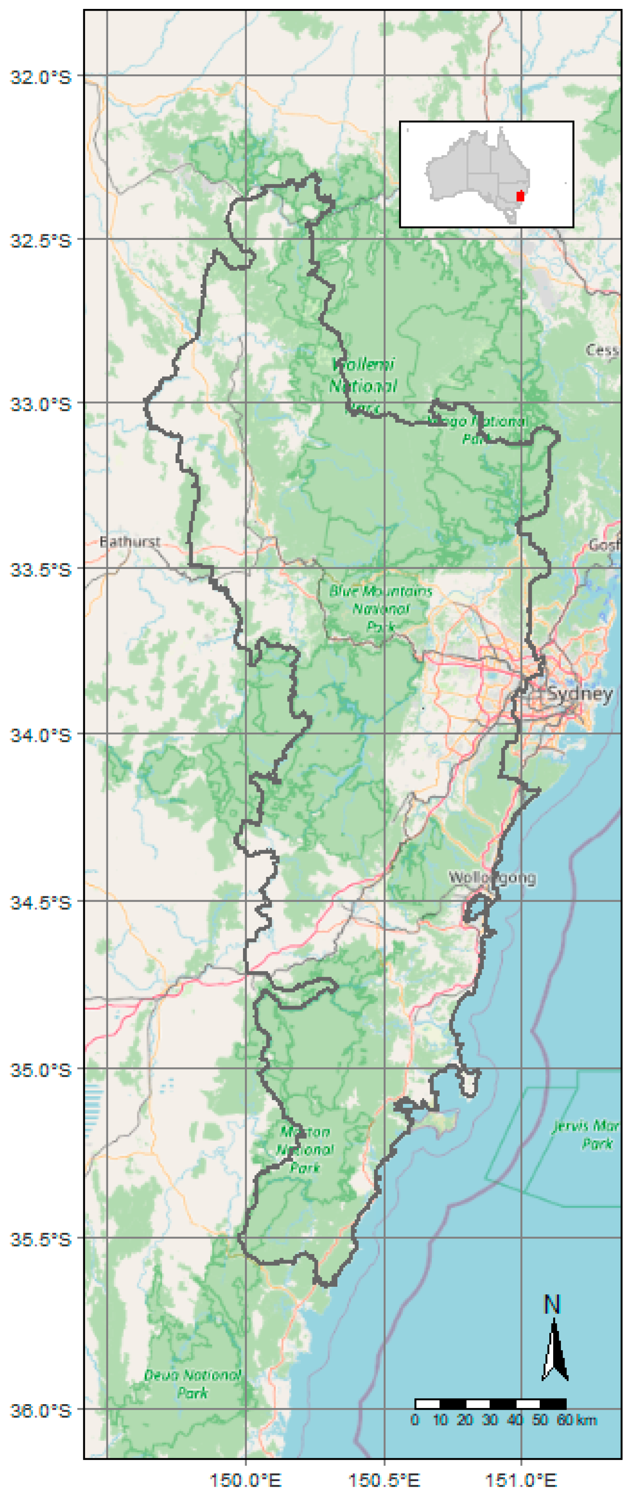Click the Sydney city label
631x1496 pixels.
pyautogui.click(x=579, y=694)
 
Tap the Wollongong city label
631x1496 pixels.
pyautogui.click(x=492, y=878)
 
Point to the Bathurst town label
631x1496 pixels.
pyautogui.click(x=130, y=542)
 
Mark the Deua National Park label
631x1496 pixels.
pyautogui.click(x=192, y=1384)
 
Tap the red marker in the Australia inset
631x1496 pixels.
pyautogui.click(x=520, y=196)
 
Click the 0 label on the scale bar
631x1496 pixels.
pyautogui.click(x=415, y=1420)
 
